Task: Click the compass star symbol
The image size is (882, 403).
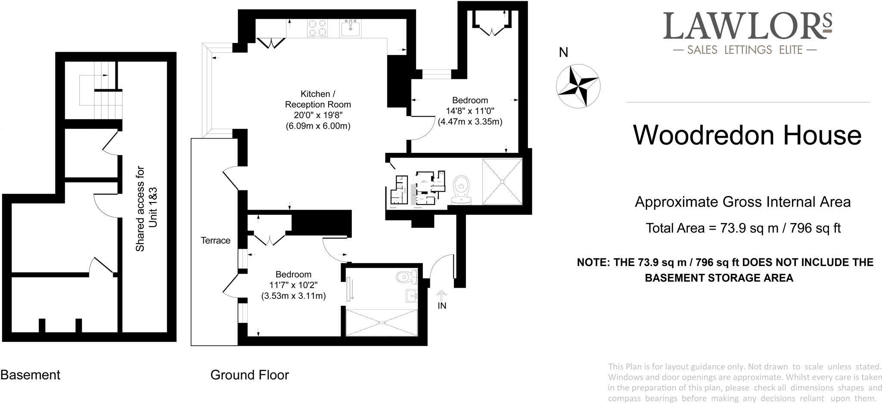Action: pos(578,85)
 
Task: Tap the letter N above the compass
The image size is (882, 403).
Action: pos(563,53)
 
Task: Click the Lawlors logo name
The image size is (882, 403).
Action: pos(747,26)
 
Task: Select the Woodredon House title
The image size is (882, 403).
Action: pos(747,135)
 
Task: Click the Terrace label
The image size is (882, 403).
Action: pos(215,241)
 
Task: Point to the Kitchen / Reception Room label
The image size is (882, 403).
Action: pos(318,99)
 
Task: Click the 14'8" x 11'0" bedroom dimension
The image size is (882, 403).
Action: pos(470,111)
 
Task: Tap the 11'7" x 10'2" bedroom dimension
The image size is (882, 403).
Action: pos(293,285)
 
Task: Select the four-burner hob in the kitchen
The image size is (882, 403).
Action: pos(318,28)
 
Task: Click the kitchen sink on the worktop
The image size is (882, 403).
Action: pos(351,28)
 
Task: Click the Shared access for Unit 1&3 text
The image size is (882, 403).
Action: pos(146,209)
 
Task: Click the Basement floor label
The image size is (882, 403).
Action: pos(30,375)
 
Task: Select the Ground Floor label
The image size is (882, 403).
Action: pos(249,375)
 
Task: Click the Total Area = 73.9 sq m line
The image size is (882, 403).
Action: pos(743,228)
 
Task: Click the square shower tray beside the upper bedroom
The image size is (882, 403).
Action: pos(502,181)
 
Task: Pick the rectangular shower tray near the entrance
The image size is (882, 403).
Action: pos(382,322)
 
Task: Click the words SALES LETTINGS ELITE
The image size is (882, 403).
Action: pos(745,50)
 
